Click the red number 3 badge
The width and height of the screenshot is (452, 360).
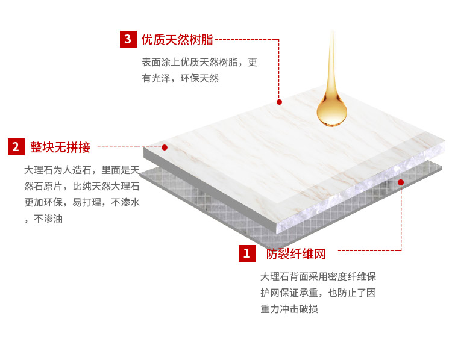[x=128, y=39]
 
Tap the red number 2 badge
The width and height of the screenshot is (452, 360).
[x=16, y=147]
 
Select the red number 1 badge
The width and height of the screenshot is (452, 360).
[x=246, y=253]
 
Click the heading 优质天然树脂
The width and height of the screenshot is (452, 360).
[x=177, y=40]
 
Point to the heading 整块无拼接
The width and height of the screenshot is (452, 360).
[x=60, y=147]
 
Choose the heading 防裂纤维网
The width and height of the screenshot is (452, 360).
[x=296, y=253]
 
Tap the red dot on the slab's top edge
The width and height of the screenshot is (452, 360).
[x=279, y=102]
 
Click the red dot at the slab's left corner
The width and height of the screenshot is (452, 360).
[x=165, y=147]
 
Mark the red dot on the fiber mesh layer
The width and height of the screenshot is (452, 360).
[x=401, y=182]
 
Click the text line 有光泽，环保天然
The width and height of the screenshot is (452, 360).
[x=180, y=78]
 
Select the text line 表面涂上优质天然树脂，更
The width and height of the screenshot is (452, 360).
[x=199, y=62]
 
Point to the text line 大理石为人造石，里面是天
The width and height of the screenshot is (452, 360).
[x=82, y=170]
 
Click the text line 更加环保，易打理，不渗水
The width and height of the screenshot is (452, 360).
[x=82, y=202]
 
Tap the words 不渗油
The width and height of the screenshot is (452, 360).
[x=48, y=219]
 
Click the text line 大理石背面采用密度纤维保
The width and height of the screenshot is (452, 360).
[x=318, y=276]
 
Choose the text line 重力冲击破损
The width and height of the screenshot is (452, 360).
[x=289, y=309]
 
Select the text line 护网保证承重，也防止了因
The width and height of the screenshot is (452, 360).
[x=318, y=293]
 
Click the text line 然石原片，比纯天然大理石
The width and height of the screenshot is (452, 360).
[x=82, y=187]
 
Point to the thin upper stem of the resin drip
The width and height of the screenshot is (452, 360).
[x=332, y=58]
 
